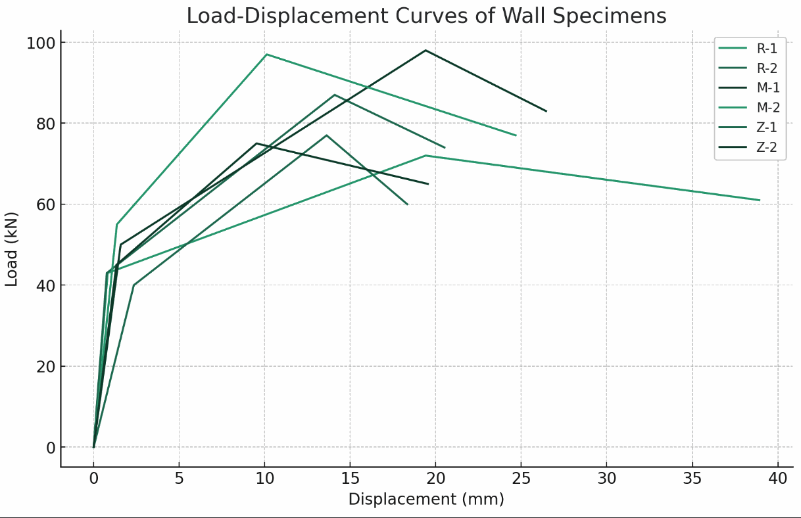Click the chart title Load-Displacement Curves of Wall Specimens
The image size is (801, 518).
426,15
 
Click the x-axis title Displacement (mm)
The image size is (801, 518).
426,500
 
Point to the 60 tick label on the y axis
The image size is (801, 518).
45,204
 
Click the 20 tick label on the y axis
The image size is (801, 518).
45,366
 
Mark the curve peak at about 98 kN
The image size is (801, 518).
425,50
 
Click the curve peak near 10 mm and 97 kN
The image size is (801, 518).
266,54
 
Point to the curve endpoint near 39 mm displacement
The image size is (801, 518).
760,200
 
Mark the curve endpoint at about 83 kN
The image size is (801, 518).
546,111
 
